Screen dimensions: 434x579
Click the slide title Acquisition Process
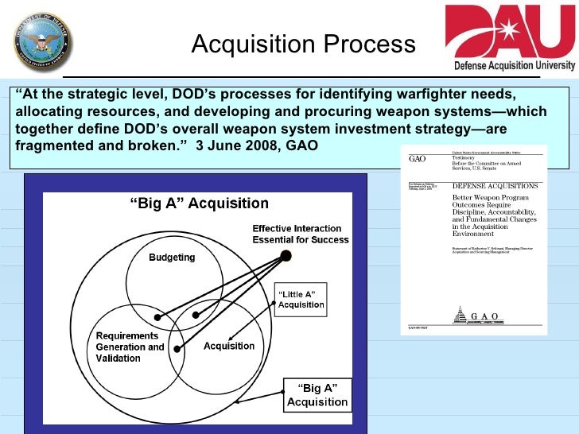click(303, 45)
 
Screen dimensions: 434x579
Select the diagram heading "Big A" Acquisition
click(199, 204)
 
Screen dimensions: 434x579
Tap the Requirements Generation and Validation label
click(130, 347)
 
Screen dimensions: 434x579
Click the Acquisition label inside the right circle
click(229, 346)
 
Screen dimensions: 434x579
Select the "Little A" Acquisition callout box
click(301, 300)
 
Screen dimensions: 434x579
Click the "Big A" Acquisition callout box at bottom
click(317, 394)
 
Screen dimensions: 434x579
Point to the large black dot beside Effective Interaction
click(286, 255)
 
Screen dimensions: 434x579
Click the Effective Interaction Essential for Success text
click(300, 234)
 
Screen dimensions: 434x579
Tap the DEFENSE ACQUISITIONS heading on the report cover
click(495, 185)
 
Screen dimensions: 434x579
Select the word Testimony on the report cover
click(466, 158)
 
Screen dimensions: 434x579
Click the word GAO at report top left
click(418, 159)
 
